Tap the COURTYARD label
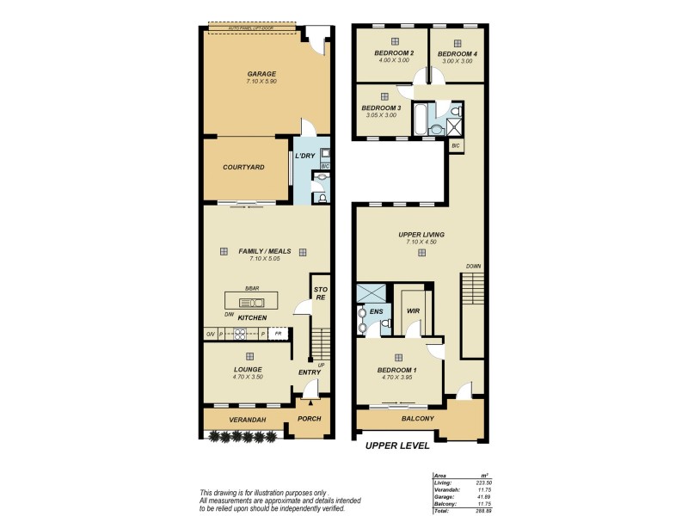pos(243,167)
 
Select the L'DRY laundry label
pos(304,157)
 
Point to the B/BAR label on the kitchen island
pos(252,288)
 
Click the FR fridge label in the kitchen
pos(278,332)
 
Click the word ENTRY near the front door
pos(309,372)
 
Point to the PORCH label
pos(309,419)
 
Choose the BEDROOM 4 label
pos(458,53)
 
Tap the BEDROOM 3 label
pos(381,107)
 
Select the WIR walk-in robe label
pos(412,310)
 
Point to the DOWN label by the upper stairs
pos(473,267)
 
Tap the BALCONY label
pos(418,419)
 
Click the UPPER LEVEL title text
pos(396,445)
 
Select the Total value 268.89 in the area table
pos(482,509)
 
